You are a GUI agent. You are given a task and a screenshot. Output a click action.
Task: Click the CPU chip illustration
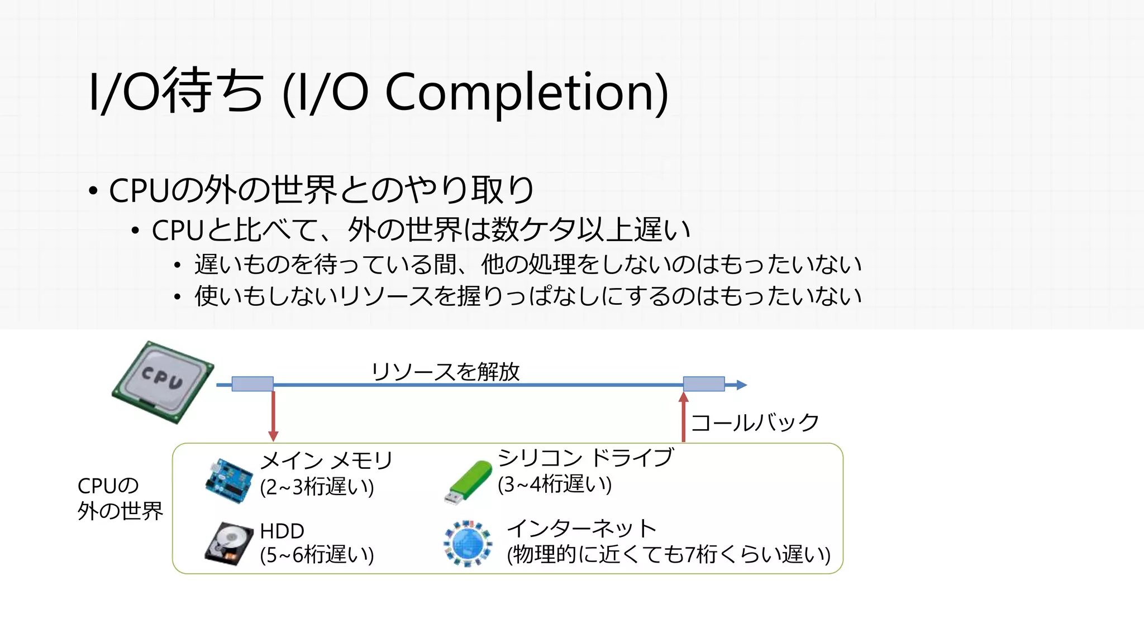point(163,381)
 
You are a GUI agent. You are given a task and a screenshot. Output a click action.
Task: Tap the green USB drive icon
point(468,482)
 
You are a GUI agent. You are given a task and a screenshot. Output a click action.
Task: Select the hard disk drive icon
point(228,544)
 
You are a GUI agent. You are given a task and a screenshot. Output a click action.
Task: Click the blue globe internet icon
point(468,543)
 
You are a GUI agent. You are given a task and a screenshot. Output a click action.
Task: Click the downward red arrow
point(273,416)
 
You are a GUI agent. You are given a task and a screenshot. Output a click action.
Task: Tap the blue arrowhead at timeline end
point(741,385)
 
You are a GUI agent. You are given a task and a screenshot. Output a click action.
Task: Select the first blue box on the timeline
point(252,384)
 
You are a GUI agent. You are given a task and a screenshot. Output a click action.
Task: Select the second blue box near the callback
point(704,384)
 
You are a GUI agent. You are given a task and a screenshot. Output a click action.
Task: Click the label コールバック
point(755,423)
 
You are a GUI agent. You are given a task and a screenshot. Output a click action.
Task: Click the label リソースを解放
point(446,372)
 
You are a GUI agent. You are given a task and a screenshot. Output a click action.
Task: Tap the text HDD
point(282,531)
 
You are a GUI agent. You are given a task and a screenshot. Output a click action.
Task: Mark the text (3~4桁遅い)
point(555,484)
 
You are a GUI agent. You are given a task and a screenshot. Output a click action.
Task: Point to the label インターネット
point(581,528)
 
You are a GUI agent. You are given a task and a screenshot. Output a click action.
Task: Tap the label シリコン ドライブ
point(585,458)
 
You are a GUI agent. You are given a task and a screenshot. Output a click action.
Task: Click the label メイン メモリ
point(327,461)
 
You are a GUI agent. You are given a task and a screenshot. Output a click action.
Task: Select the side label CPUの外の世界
point(120,498)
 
